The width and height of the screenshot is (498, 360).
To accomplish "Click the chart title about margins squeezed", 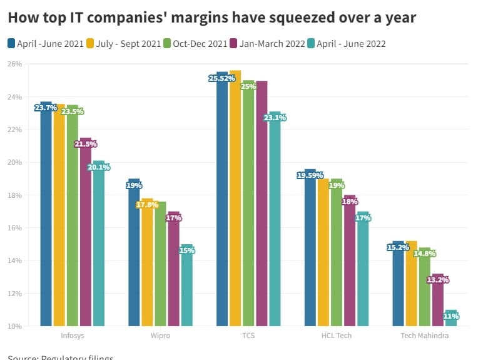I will point(212,18).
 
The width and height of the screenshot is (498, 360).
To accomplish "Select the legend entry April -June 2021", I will point(44,43).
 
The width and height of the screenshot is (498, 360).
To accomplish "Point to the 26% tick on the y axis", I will point(15,64).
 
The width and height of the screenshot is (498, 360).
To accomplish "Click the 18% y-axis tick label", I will point(15,195).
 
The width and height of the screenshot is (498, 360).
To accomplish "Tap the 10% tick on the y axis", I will point(15,326).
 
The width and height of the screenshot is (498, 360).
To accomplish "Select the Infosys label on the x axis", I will point(73,336).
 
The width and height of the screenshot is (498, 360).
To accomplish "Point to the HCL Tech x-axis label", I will point(337,336).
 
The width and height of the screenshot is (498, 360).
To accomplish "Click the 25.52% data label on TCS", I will point(222,78).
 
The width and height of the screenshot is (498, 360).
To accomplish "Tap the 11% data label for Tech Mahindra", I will point(451,317).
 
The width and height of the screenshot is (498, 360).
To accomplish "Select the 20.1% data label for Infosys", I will point(99,167).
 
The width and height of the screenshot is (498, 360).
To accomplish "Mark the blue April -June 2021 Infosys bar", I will point(46,219).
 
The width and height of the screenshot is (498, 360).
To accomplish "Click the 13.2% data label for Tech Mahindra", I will point(438,280).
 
